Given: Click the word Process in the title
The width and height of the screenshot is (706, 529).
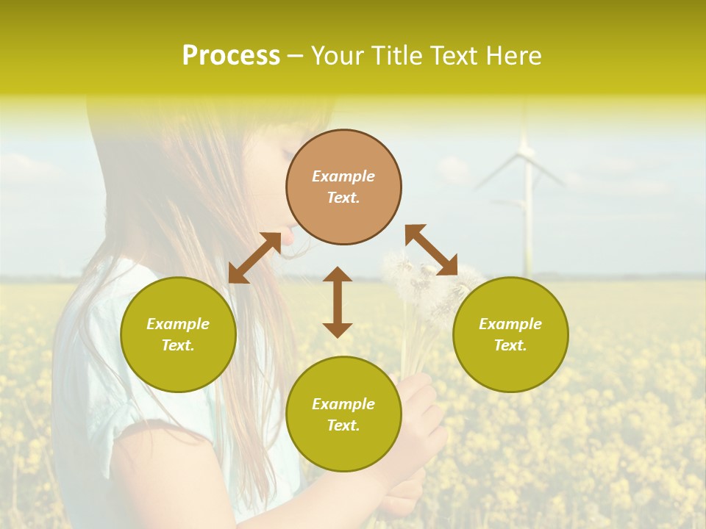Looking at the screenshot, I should [231, 56].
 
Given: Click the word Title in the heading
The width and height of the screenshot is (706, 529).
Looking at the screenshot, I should [399, 56].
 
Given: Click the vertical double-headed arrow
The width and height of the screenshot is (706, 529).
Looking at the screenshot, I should [338, 302].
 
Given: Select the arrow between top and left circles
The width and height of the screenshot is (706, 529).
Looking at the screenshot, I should [254, 257].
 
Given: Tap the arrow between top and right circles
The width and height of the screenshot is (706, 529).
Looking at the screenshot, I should [431, 250].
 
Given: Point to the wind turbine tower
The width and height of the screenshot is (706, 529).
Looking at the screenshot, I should [527, 220].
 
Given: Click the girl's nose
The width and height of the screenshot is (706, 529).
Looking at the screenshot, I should [288, 237].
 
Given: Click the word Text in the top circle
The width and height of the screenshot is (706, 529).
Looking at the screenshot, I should [343, 198].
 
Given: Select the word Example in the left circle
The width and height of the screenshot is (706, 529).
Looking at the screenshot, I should [178, 324].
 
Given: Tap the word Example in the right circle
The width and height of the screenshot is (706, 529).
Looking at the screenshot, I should [510, 324].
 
